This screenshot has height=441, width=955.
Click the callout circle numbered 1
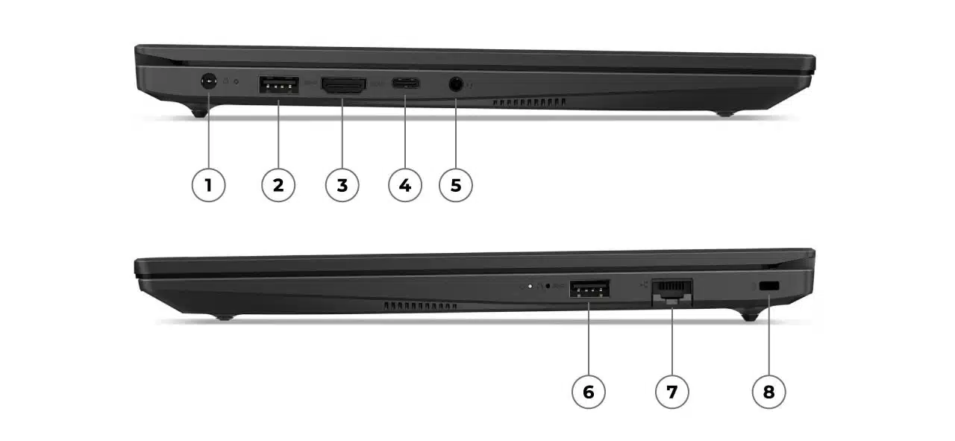point(208,184)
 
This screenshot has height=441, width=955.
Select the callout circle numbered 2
point(278,184)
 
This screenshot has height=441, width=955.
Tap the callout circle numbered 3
point(342,184)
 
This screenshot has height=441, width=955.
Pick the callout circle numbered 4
point(405,184)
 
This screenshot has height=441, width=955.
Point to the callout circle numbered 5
point(456,184)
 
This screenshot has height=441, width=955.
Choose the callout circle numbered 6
point(589,391)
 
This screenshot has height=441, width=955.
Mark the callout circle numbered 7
point(672,391)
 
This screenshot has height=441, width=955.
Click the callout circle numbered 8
point(768,391)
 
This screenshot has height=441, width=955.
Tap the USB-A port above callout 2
point(278,84)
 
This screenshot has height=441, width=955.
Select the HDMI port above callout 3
point(343,84)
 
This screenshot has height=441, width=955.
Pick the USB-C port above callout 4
point(406,84)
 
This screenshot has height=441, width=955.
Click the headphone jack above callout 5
point(456,84)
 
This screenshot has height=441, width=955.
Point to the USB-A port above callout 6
point(589,288)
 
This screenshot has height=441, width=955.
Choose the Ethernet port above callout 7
point(672,290)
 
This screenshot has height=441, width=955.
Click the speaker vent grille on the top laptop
point(528,101)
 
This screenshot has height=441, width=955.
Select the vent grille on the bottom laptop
point(421,306)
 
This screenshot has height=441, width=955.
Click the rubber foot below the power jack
point(199,113)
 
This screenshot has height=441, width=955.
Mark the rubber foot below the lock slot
point(749,316)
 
